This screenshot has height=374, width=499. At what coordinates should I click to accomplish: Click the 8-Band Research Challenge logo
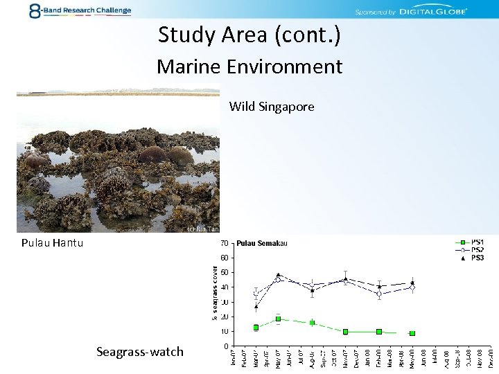(x=79, y=10)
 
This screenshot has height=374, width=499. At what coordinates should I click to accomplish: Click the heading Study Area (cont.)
(x=249, y=34)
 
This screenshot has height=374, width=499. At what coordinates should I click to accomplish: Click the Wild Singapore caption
(x=272, y=107)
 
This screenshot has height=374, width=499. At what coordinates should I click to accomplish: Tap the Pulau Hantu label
(x=52, y=242)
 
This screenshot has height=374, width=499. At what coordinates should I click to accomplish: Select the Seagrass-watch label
(x=140, y=352)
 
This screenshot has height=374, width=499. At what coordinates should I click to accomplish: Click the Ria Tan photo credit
(x=203, y=229)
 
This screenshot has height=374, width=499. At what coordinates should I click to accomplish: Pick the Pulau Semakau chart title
(x=262, y=243)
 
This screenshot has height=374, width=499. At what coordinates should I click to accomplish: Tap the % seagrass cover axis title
(x=216, y=292)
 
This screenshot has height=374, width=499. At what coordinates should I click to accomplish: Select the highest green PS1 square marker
(x=278, y=319)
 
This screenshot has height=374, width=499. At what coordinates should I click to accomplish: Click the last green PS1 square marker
(x=412, y=333)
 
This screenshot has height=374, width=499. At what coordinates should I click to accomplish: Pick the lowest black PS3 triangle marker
(x=256, y=306)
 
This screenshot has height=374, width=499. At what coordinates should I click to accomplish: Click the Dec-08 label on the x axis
(x=490, y=357)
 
